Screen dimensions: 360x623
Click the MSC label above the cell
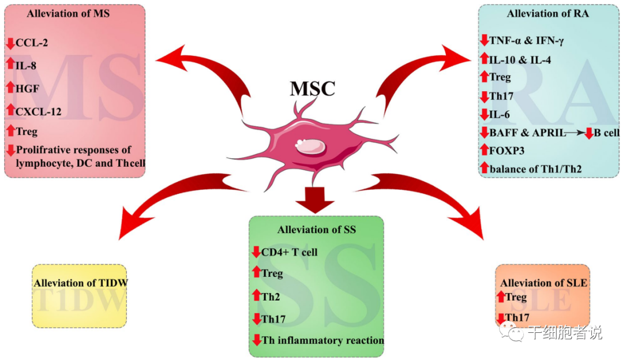coord(312,88)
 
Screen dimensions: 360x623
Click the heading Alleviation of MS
coord(68,13)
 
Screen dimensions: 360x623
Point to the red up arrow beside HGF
coord(10,87)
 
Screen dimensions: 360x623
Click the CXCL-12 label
coord(39,110)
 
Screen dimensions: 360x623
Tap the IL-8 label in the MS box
coord(27,65)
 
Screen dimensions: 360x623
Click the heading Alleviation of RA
coord(547,13)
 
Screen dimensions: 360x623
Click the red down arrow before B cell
coord(589,133)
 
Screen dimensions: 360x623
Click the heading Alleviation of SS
coord(316,230)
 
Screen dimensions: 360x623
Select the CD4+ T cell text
coord(289,252)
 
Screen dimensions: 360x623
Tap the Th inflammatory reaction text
coord(322,340)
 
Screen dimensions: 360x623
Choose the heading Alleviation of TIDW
coord(80,283)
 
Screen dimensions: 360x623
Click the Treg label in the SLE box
coord(516,297)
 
